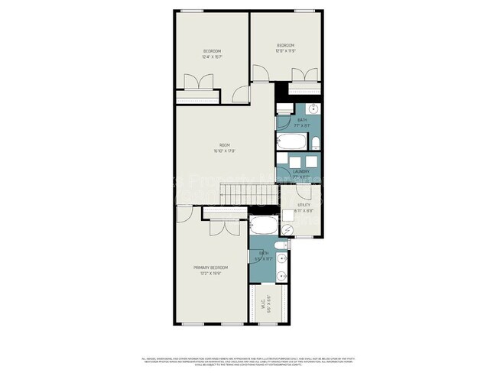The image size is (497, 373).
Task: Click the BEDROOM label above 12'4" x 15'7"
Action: pos(212,51)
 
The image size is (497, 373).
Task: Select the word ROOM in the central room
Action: pos(224,145)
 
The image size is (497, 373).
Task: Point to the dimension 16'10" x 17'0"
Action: pos(224,151)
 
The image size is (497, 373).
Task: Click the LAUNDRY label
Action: pos(300,171)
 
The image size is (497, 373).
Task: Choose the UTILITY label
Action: pos(304,204)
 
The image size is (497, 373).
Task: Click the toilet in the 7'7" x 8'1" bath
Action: pos(314,143)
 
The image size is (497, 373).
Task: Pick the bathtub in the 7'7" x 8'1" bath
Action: pos(291,142)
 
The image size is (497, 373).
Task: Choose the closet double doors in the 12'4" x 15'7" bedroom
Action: pos(197,83)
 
